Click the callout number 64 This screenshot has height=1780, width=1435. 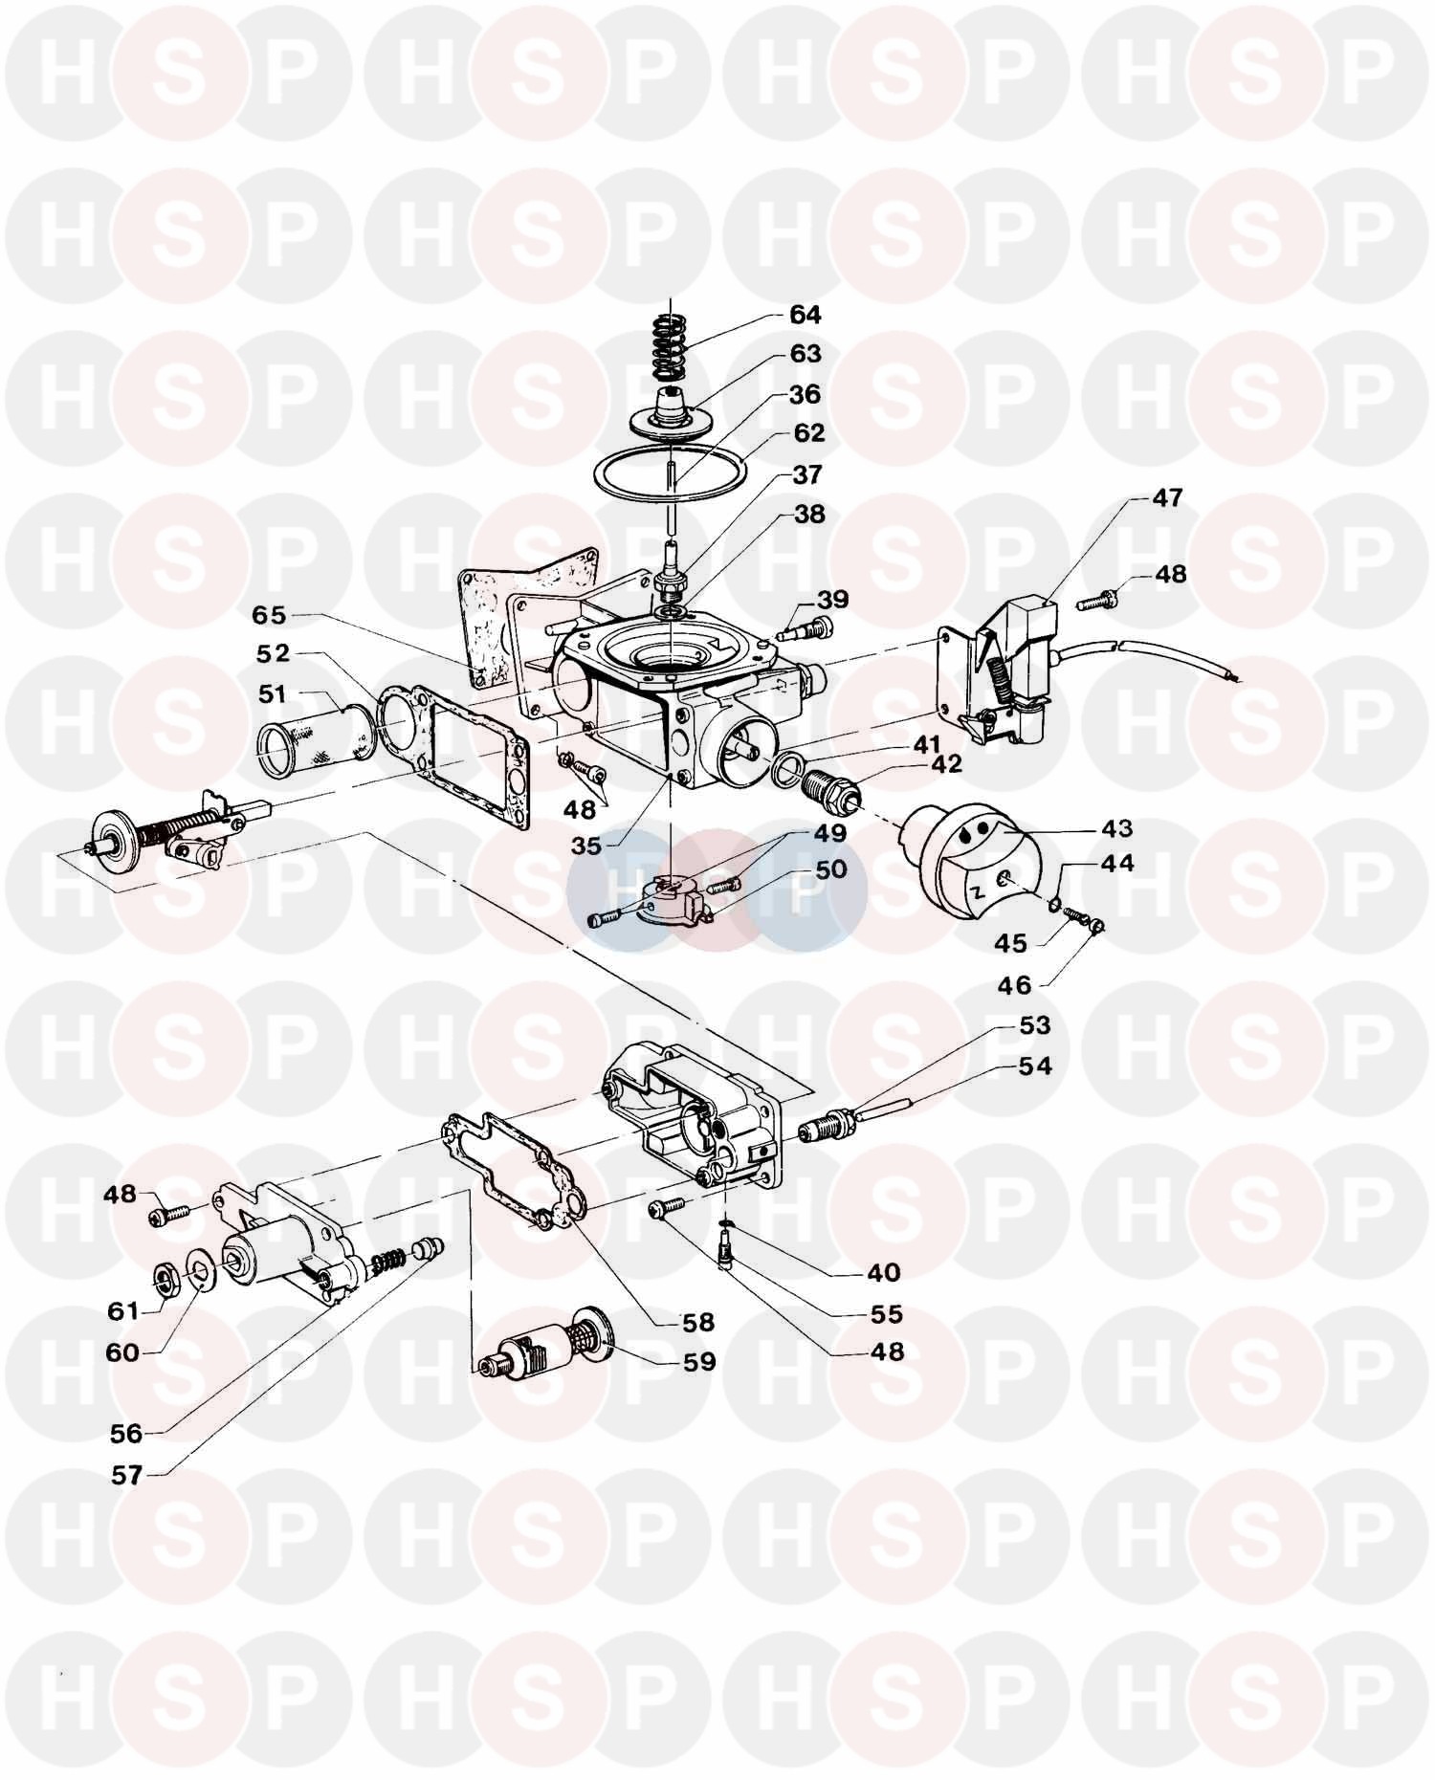(805, 315)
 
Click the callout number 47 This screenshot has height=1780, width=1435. (1166, 497)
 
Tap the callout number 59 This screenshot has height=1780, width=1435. (700, 1360)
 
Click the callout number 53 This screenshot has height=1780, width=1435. (1034, 1025)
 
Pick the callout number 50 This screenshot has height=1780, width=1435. (830, 869)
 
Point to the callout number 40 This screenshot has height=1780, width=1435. (884, 1272)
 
